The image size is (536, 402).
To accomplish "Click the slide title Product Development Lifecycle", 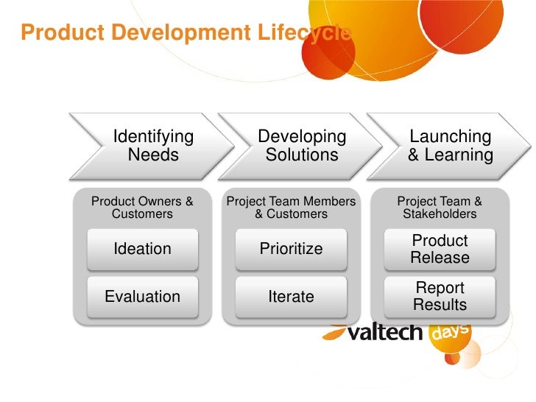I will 186,33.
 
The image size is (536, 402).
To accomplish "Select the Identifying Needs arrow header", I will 153,146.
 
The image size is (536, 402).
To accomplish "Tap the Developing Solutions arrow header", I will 302,146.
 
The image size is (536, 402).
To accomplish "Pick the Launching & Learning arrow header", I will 450,146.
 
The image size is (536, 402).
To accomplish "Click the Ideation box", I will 142,249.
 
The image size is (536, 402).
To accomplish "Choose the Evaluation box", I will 142,297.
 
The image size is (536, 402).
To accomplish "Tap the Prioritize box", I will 291,249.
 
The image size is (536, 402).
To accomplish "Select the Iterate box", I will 291,297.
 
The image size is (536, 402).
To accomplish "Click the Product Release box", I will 440,249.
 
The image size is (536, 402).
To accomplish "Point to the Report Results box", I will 440,297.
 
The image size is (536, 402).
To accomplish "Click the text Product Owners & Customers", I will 142,208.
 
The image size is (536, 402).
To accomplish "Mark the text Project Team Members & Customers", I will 291,208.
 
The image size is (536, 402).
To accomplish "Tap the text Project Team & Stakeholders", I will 440,208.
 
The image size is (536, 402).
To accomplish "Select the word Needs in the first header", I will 153,155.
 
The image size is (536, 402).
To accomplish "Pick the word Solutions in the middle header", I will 302,155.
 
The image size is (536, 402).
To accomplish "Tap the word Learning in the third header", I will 459,155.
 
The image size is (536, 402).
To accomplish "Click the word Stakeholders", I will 440,214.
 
